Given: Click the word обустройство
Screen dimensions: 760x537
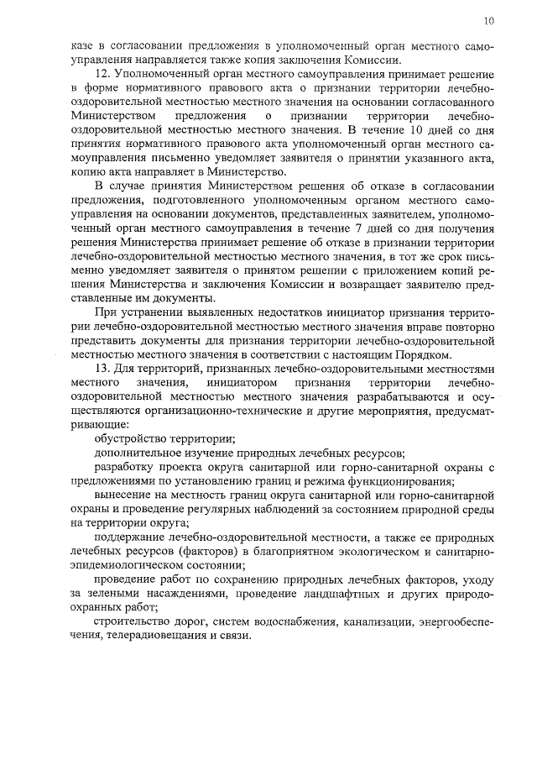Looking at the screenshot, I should pos(131,439).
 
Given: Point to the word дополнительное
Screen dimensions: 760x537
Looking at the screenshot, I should pos(138,453).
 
